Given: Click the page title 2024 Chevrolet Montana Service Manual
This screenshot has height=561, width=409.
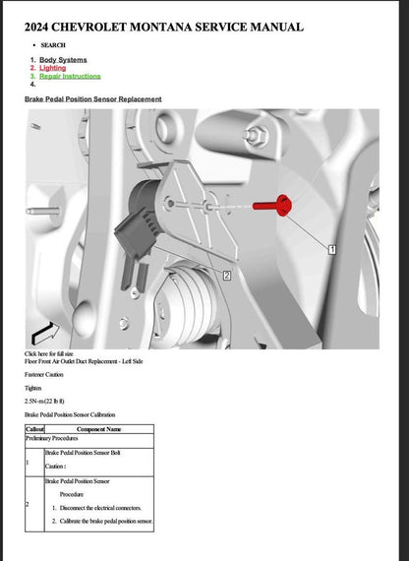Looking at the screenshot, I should click(163, 27).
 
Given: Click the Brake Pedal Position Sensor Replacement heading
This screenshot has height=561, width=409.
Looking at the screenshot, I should click(92, 99).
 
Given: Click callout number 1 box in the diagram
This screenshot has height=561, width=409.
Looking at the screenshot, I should click(332, 250).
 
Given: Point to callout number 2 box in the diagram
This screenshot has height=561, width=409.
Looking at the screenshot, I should click(227, 276).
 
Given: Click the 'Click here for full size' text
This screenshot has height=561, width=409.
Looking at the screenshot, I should click(53, 353).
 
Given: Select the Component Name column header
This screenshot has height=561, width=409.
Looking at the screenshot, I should click(98, 429).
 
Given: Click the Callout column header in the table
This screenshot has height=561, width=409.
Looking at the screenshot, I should click(34, 429).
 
